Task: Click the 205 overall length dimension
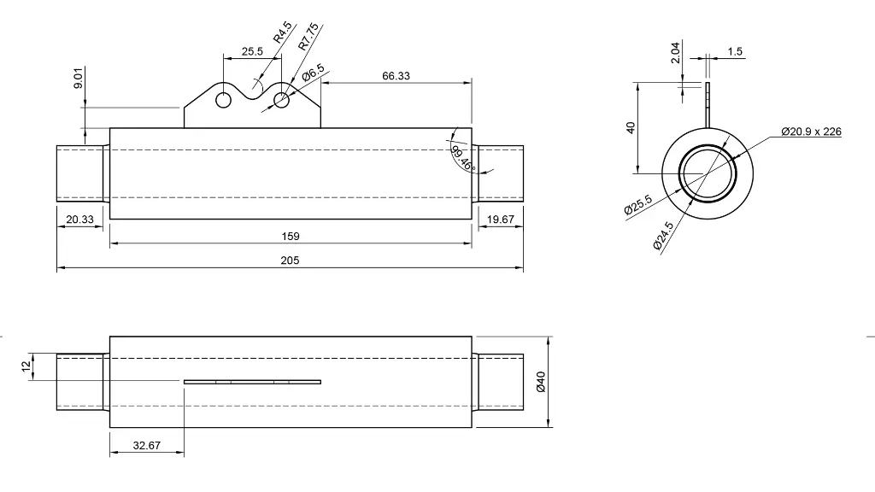click(x=291, y=261)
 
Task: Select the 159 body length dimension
click(x=291, y=237)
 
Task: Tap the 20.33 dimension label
click(x=80, y=220)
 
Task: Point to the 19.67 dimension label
click(x=501, y=220)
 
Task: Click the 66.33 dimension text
click(x=396, y=76)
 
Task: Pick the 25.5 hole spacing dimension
click(x=252, y=51)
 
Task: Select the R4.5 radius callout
click(x=282, y=32)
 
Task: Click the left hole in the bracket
click(x=224, y=100)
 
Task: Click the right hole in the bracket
click(x=281, y=100)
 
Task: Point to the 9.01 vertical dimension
click(x=78, y=80)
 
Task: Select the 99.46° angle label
click(x=462, y=158)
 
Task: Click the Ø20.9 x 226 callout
click(x=811, y=132)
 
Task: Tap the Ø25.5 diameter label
click(x=638, y=206)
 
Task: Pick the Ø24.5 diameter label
click(x=663, y=235)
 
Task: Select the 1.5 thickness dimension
click(x=735, y=51)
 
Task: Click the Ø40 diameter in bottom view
click(x=540, y=381)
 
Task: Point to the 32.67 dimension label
click(x=147, y=445)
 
